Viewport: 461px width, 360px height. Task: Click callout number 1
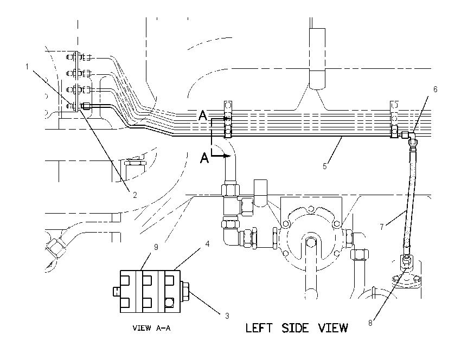click(27, 67)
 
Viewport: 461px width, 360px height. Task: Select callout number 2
click(135, 195)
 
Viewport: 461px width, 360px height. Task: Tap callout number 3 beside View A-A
click(227, 316)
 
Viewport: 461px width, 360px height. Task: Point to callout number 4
click(207, 243)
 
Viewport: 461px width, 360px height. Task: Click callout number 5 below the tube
click(324, 166)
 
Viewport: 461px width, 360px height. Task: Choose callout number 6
click(436, 89)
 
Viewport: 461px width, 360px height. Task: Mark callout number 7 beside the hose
click(382, 227)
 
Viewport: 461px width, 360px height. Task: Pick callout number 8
click(370, 323)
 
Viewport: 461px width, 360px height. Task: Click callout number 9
click(156, 247)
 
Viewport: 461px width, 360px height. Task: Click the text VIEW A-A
click(151, 328)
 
